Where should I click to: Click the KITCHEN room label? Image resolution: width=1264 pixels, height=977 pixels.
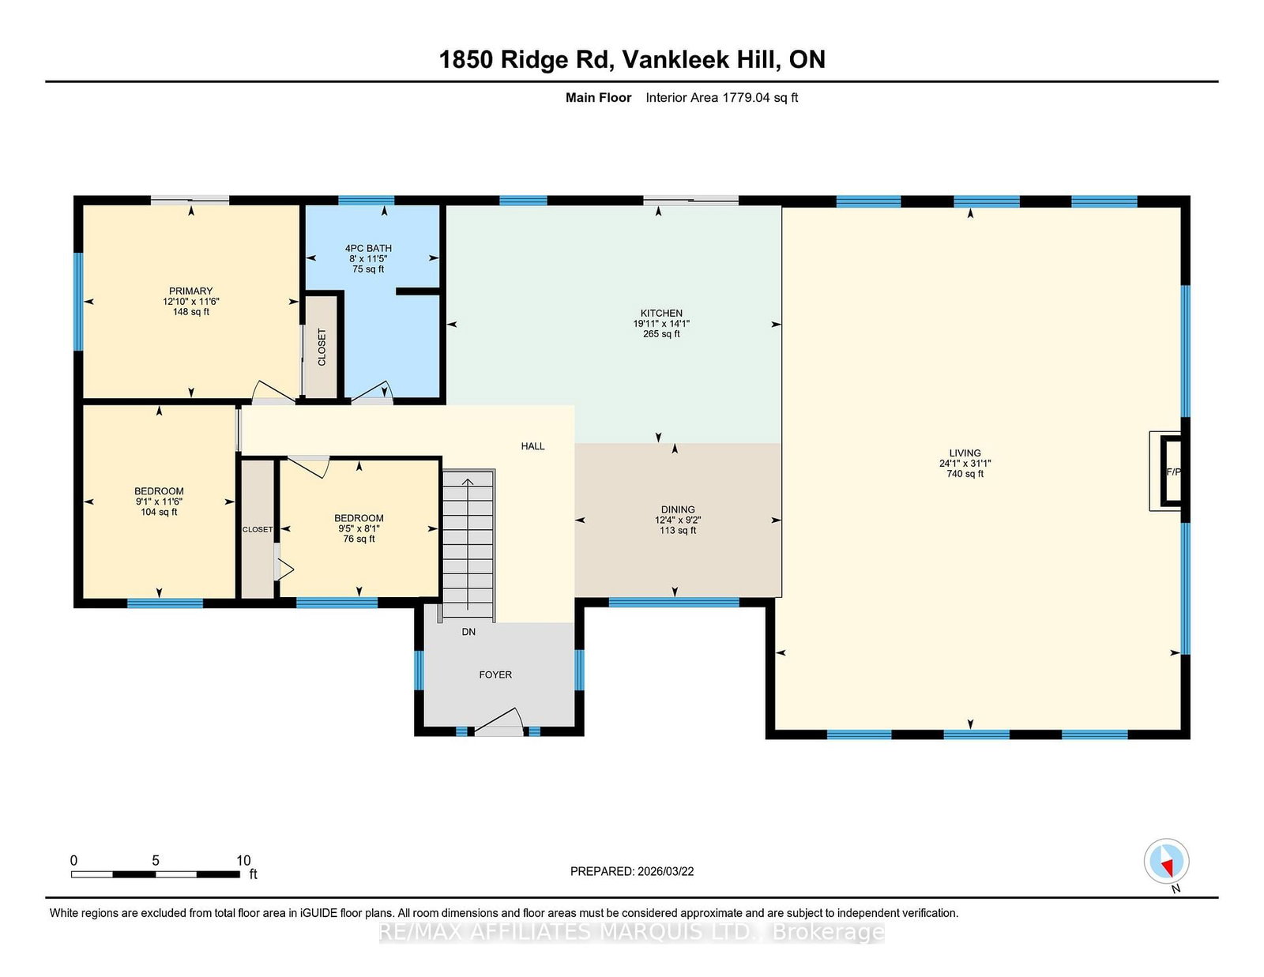pyautogui.click(x=661, y=314)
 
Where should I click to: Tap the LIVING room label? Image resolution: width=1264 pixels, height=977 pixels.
pyautogui.click(x=965, y=453)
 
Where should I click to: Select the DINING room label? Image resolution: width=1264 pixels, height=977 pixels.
pyautogui.click(x=678, y=509)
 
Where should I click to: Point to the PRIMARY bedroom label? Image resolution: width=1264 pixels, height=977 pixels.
pyautogui.click(x=191, y=291)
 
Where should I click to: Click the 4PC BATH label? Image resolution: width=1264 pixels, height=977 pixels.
pyautogui.click(x=368, y=248)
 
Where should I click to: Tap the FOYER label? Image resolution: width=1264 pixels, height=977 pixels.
pyautogui.click(x=495, y=675)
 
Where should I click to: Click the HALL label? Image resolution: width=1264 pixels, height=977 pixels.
pyautogui.click(x=532, y=446)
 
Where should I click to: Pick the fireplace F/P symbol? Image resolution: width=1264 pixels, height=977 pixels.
pyautogui.click(x=1172, y=471)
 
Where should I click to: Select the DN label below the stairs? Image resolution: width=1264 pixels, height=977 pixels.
pyautogui.click(x=468, y=632)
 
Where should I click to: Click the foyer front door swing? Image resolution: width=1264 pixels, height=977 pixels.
pyautogui.click(x=499, y=721)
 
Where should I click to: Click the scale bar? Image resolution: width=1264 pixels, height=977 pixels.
pyautogui.click(x=156, y=874)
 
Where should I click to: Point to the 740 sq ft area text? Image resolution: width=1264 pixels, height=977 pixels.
pyautogui.click(x=965, y=474)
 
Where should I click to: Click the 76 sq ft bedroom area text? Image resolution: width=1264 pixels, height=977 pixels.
pyautogui.click(x=359, y=539)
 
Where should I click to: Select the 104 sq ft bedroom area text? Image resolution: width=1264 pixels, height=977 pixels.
pyautogui.click(x=159, y=513)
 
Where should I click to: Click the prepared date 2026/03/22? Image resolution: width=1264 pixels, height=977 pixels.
pyautogui.click(x=665, y=871)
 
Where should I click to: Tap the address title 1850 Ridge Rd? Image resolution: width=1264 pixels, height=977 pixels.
pyautogui.click(x=526, y=60)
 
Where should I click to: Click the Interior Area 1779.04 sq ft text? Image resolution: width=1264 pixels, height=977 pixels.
pyautogui.click(x=721, y=98)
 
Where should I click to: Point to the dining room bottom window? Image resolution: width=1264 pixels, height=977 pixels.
pyautogui.click(x=674, y=603)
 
